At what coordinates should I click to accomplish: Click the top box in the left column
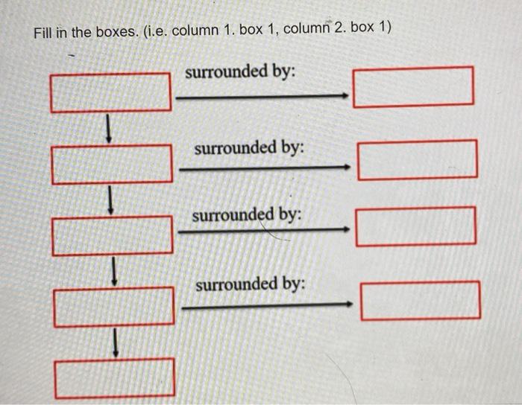110,92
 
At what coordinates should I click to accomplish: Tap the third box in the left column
113,234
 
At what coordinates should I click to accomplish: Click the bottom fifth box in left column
116,377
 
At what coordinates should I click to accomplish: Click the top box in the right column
414,86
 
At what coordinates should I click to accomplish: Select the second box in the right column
418,159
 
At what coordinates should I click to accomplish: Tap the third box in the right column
416,226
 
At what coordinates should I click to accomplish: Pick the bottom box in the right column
421,300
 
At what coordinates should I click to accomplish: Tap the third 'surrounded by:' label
247,215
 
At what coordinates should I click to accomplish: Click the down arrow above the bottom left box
116,342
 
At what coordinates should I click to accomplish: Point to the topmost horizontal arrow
261,95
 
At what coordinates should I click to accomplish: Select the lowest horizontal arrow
266,304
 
